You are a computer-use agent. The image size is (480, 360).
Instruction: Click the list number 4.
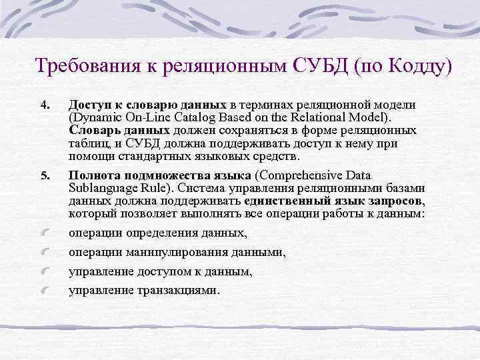tap(44, 105)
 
